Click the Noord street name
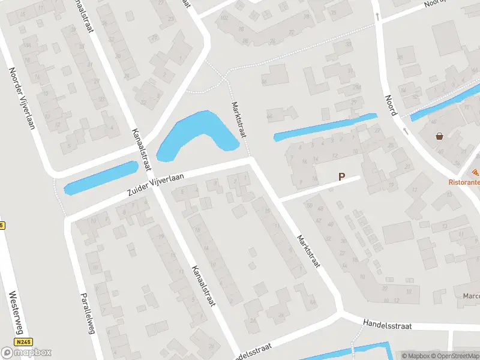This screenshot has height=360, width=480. (391, 106)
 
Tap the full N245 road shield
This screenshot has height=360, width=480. (24, 341)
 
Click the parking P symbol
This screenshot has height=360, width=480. (342, 177)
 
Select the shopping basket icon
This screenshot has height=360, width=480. (441, 136)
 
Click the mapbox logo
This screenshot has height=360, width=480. (26, 352)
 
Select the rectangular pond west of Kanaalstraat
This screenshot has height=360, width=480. (101, 178)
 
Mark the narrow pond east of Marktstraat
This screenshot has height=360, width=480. (324, 127)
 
